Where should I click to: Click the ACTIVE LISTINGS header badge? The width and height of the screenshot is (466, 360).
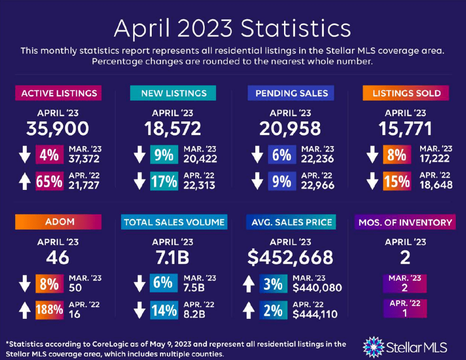tap(59, 93)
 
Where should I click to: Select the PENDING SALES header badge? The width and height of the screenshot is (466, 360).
tap(291, 93)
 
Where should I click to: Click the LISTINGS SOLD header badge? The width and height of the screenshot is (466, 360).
tap(406, 93)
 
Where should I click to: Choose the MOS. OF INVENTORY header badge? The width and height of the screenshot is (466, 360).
tap(405, 222)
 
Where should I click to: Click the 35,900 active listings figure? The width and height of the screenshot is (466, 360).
tap(58, 128)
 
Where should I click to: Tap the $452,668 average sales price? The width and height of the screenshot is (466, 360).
tap(291, 257)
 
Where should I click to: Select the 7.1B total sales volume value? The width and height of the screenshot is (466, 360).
tap(173, 257)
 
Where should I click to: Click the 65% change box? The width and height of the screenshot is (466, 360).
tap(50, 181)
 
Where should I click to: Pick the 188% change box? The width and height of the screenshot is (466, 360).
tap(50, 310)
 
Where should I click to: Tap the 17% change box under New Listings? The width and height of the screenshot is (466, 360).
tap(163, 181)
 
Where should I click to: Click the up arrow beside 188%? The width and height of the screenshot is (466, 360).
tap(25, 310)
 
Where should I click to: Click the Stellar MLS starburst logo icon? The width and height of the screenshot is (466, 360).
tap(373, 346)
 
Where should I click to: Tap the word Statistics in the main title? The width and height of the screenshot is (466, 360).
tap(296, 29)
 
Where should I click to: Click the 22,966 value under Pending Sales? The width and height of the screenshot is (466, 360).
tap(318, 186)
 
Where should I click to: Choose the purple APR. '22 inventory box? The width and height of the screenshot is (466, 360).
tap(405, 308)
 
